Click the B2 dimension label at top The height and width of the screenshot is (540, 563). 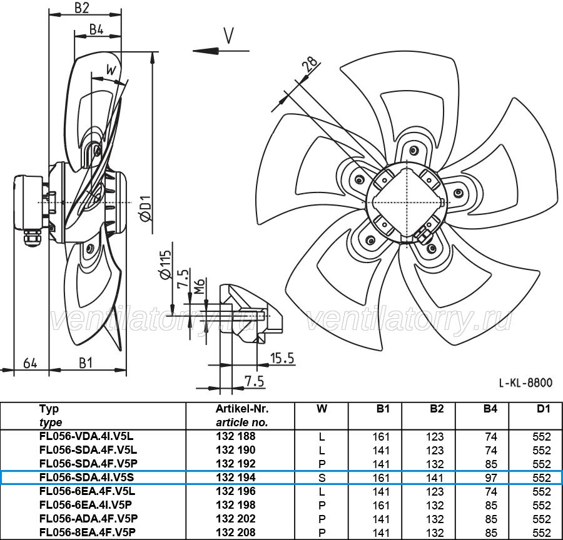tap(81, 8)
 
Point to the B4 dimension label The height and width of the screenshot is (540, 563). tap(96, 30)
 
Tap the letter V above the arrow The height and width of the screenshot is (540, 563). tap(229, 36)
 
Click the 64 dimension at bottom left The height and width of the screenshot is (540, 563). tap(30, 363)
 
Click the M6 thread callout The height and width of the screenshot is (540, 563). tap(200, 286)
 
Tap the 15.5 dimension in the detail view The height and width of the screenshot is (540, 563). tap(282, 358)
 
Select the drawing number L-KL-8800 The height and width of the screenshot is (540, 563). tap(525, 383)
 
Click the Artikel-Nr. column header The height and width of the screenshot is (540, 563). tap(242, 409)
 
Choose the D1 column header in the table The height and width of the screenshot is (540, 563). tap(543, 409)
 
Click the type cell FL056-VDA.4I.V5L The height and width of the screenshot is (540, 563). tap(86, 436)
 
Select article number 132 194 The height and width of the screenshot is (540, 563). tap(236, 477)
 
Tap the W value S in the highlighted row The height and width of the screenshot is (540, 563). tap(322, 478)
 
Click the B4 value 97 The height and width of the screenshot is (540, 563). tap(491, 478)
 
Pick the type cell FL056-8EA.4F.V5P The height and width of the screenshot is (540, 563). tap(88, 532)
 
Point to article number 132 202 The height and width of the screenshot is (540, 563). tap(236, 519)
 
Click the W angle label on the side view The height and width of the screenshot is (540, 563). tap(112, 69)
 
